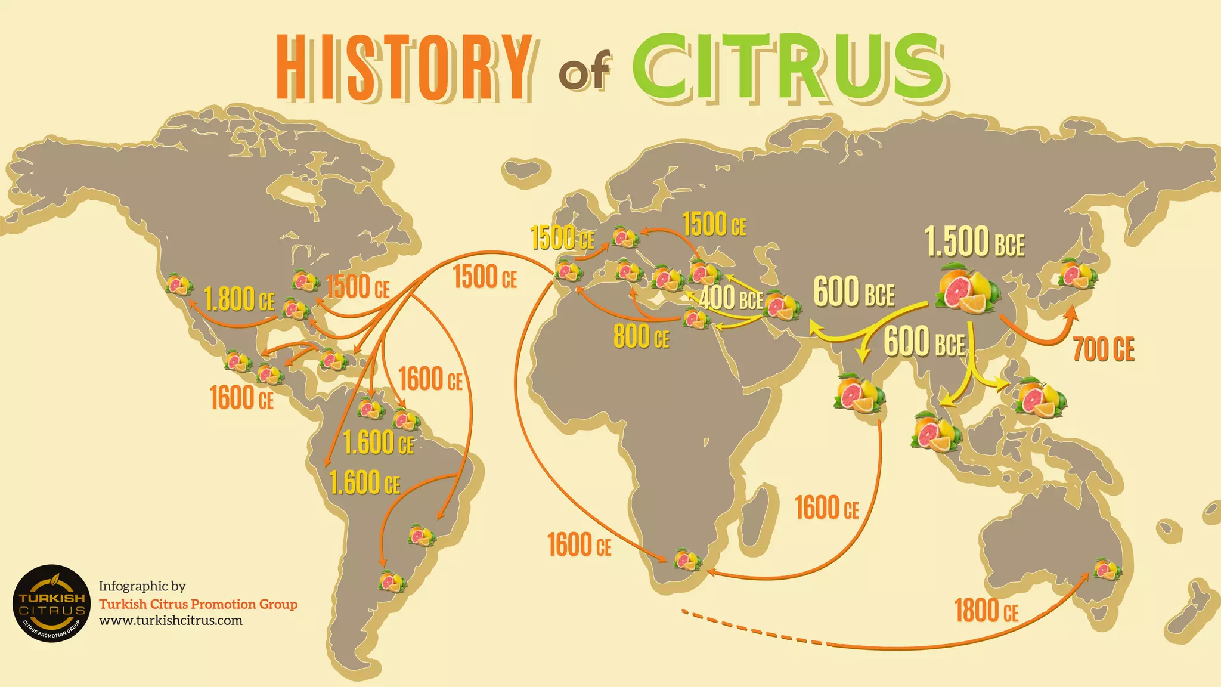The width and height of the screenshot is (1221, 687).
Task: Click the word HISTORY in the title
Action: pyautogui.click(x=404, y=67)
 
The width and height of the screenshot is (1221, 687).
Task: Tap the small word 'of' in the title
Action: pyautogui.click(x=584, y=73)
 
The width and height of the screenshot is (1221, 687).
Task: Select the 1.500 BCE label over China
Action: pyautogui.click(x=974, y=242)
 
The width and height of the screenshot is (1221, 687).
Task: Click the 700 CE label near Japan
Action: pyautogui.click(x=1103, y=349)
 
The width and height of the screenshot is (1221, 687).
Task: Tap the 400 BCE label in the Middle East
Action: pyautogui.click(x=731, y=298)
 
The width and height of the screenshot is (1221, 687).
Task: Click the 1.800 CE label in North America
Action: pyautogui.click(x=239, y=299)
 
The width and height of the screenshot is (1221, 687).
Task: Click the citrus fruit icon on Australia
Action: pyautogui.click(x=1107, y=569)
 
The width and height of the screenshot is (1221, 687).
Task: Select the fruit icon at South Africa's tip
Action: pyautogui.click(x=687, y=559)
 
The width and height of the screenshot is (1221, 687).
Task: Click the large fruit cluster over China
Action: pyautogui.click(x=966, y=289)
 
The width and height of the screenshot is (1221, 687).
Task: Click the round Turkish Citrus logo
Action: pyautogui.click(x=51, y=604)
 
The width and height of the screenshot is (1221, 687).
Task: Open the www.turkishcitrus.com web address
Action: pyautogui.click(x=171, y=620)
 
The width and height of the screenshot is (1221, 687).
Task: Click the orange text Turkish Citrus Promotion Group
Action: pyautogui.click(x=198, y=604)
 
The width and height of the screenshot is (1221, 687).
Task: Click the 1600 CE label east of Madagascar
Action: pyautogui.click(x=826, y=508)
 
